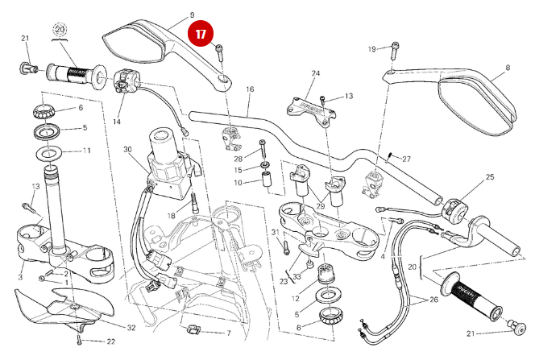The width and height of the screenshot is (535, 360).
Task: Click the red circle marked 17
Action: [x=201, y=35]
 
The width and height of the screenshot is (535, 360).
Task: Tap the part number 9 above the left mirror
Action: [x=192, y=14]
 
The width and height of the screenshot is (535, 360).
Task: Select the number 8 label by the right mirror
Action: [x=507, y=68]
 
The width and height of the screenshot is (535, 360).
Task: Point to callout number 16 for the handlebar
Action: [x=250, y=89]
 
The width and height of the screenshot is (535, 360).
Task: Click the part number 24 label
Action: [x=316, y=73]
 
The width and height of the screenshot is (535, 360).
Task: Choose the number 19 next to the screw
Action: [x=372, y=50]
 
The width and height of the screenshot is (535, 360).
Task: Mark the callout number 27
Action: [x=406, y=159]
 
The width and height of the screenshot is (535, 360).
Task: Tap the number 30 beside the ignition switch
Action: [x=127, y=150]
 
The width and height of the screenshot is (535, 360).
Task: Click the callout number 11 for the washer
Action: [x=87, y=151]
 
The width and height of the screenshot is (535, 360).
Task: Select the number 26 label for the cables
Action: [x=435, y=301]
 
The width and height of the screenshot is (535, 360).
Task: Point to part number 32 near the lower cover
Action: [x=131, y=328]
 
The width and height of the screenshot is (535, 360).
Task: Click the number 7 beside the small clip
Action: [x=228, y=333]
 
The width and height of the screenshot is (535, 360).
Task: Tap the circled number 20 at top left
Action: [x=59, y=30]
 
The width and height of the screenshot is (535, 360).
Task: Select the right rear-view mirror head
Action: [x=475, y=101]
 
